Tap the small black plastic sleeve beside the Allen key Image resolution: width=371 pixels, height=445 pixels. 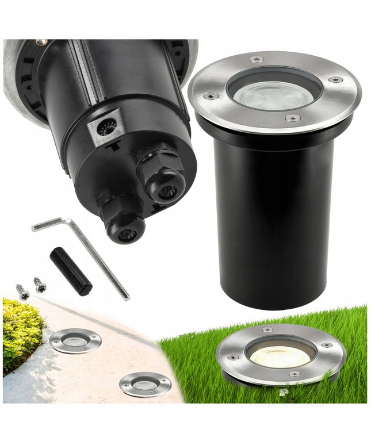coord(70,271)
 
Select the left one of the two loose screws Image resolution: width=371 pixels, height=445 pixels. coord(22,292)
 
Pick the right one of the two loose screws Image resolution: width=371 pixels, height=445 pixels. coord(40,284)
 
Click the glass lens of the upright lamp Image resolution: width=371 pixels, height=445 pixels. coord(273,92)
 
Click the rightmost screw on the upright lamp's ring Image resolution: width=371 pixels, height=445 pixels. coord(335,79)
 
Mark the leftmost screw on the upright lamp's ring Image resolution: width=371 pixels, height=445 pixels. coord(211,97)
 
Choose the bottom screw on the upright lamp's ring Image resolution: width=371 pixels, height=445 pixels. coord(292,118)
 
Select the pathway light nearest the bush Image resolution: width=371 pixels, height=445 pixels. coord(75,340)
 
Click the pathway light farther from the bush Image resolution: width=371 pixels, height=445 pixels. coord(145,383)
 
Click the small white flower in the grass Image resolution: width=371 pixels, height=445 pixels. coord(282,392)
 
